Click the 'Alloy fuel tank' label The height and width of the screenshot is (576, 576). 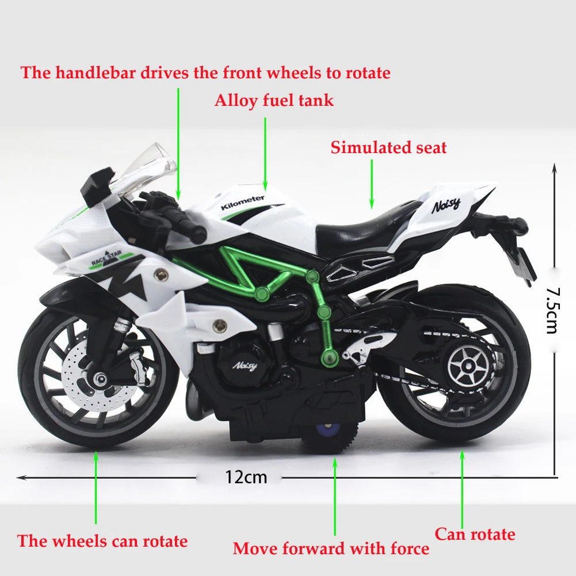click(274, 101)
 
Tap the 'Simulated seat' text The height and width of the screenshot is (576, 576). click(388, 148)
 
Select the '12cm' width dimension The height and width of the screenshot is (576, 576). click(246, 477)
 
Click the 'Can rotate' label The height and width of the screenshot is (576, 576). click(475, 535)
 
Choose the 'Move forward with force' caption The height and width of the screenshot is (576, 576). click(331, 548)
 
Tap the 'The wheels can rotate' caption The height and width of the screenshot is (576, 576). click(102, 541)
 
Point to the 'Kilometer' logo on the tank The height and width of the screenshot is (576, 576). click(243, 202)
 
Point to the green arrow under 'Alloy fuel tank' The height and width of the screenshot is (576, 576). click(265, 152)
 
